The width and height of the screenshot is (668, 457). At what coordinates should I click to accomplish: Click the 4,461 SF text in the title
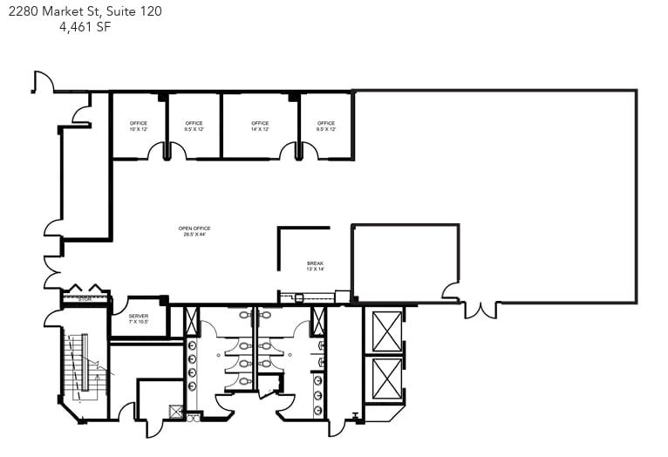(x=85, y=27)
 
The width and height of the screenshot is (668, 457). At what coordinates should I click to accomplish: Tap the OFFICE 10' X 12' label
(x=138, y=126)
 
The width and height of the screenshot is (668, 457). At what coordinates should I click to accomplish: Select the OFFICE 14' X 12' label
(x=260, y=126)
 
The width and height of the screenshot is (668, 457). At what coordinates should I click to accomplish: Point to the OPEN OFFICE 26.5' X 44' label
(x=194, y=231)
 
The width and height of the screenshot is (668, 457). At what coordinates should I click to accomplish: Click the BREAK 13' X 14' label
(x=315, y=265)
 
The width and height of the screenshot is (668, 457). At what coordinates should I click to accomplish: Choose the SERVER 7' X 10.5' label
(x=139, y=318)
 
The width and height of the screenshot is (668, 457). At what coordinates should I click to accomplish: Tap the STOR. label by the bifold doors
(x=85, y=299)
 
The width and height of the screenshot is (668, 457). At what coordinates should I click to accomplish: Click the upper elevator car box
(x=385, y=331)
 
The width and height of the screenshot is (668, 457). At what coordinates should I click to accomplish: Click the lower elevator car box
(x=385, y=378)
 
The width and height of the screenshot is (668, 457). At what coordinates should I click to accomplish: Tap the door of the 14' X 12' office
(x=290, y=152)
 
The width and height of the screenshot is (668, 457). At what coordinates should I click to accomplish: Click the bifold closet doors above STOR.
(x=85, y=289)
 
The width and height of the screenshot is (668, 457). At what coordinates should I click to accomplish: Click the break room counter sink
(x=299, y=297)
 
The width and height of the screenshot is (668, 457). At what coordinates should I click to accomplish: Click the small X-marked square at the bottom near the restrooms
(x=176, y=412)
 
